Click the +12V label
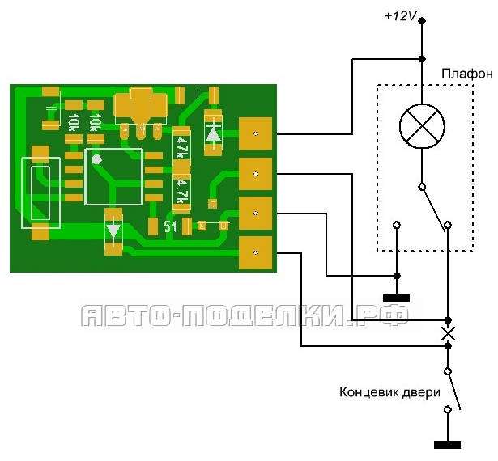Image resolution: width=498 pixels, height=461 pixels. tap(400, 16)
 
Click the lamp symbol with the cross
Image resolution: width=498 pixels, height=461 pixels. tap(422, 126)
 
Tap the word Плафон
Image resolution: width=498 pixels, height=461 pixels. tap(467, 74)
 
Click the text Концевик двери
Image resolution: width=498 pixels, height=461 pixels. tap(390, 393)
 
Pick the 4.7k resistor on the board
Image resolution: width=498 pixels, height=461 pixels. tap(181, 191)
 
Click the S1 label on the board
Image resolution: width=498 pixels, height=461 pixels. tap(170, 226)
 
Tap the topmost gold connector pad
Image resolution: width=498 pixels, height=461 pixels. tap(255, 133)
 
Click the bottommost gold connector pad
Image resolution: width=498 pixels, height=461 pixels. tap(255, 253)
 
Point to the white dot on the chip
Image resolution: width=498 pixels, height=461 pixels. tap(96, 159)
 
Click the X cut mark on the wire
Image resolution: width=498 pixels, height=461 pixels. tap(448, 333)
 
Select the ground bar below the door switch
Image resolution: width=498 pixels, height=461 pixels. tap(447, 445)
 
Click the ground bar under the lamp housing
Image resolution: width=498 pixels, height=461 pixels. tap(396, 298)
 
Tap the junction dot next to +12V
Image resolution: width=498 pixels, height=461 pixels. tap(422, 21)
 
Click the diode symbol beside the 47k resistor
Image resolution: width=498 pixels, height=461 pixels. tap(213, 133)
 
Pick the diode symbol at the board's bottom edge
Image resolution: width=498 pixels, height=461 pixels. tap(113, 232)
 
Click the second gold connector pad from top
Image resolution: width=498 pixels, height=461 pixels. tap(255, 174)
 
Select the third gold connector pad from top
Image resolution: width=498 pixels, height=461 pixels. tap(255, 214)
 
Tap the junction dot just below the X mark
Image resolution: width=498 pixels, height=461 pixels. tap(448, 346)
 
